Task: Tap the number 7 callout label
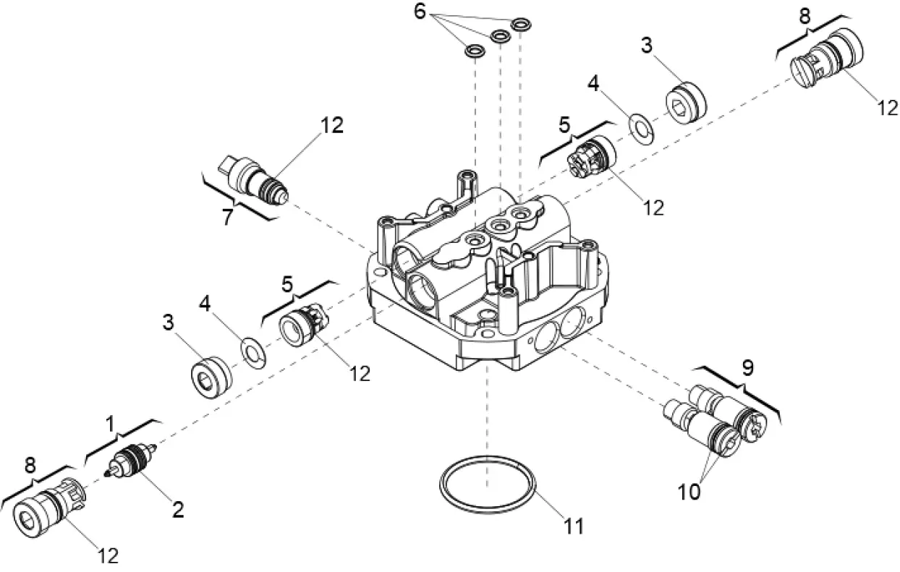point(228,216)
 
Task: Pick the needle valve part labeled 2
point(131,462)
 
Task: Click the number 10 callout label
point(689,492)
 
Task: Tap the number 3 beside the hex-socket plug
point(646,46)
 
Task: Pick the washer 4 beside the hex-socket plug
point(640,124)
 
